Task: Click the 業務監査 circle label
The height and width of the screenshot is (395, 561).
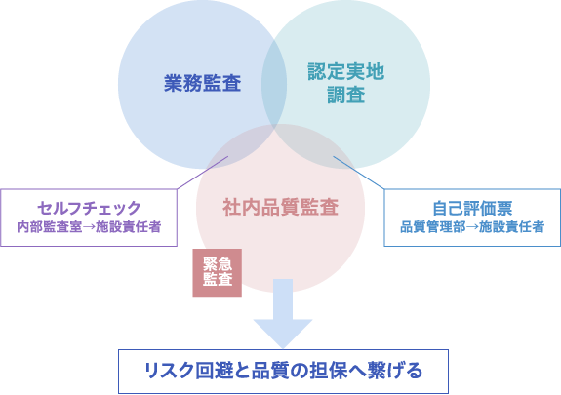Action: (203, 83)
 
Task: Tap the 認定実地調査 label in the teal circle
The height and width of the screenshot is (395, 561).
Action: (346, 83)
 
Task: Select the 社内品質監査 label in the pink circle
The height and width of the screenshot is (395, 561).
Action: (281, 207)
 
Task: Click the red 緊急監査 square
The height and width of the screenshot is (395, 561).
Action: (218, 273)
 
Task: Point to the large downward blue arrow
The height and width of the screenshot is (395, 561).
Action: (283, 313)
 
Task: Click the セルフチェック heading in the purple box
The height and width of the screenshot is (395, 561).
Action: (89, 208)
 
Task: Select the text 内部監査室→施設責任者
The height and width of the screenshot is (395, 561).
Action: (89, 227)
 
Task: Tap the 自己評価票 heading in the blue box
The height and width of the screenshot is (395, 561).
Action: (472, 208)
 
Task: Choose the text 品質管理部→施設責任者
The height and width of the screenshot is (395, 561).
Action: (472, 227)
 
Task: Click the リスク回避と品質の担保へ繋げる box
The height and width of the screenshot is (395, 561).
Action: (283, 372)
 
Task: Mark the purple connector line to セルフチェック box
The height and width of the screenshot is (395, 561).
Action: (203, 173)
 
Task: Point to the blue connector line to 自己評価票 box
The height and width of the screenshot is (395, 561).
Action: (359, 173)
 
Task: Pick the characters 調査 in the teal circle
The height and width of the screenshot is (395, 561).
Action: (346, 95)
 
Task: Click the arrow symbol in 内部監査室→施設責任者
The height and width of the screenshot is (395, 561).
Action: (89, 227)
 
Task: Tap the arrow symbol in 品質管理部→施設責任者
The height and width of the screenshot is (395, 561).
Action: (472, 227)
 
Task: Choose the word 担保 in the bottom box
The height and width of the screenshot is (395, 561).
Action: (329, 371)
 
